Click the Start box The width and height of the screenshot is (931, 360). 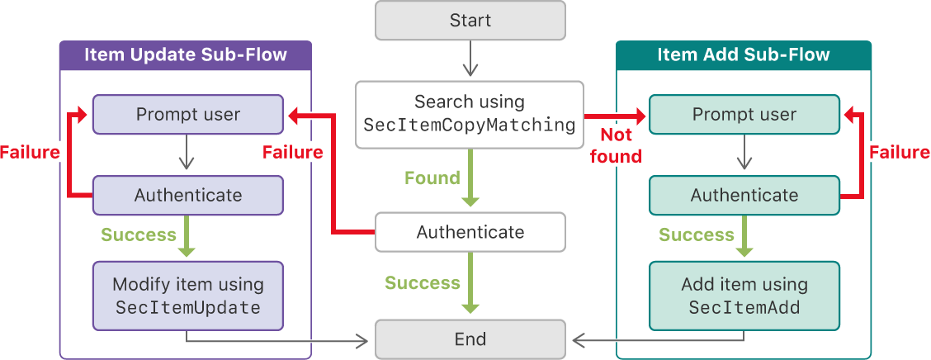(x=470, y=21)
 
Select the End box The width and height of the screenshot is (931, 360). (x=470, y=339)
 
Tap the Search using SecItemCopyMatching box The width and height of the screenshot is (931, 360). (x=470, y=114)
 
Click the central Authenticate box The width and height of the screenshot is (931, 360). (x=470, y=232)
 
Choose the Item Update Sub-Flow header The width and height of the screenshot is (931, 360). (x=186, y=55)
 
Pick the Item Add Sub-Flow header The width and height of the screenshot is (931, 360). (x=744, y=55)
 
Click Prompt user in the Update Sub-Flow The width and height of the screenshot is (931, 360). (x=188, y=114)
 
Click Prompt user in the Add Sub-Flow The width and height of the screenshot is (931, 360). (x=744, y=114)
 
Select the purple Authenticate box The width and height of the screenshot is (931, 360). (x=188, y=195)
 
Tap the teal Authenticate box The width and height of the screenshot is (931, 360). (x=744, y=195)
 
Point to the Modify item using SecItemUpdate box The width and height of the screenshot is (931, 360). (x=188, y=296)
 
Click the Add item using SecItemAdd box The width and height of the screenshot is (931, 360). (x=744, y=296)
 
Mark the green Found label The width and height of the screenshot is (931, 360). (x=432, y=178)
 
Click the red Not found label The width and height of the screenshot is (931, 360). (x=616, y=144)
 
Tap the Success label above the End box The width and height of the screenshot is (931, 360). (x=422, y=283)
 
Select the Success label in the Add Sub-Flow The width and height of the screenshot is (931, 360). (x=696, y=235)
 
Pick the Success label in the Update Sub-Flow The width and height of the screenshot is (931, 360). (x=138, y=234)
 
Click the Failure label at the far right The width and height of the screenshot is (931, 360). (x=899, y=153)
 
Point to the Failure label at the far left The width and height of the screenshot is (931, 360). (x=30, y=152)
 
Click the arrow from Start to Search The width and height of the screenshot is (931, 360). (x=470, y=59)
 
